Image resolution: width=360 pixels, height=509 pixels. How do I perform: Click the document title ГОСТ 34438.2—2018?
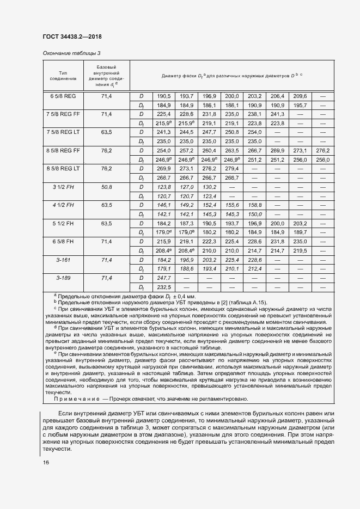pyautogui.click(x=72, y=37)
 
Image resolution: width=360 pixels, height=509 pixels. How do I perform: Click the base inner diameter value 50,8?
pyautogui.click(x=106, y=187)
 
